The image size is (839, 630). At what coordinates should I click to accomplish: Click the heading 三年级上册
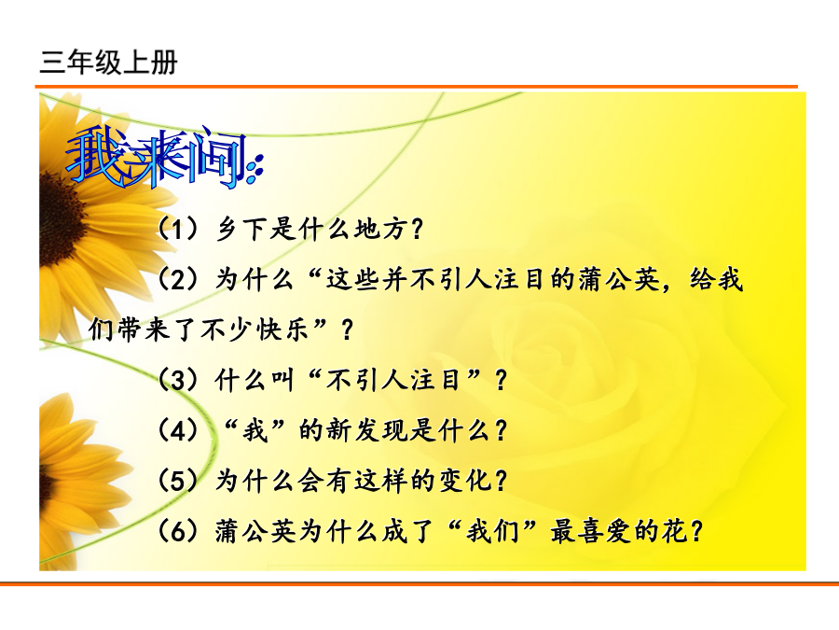pos(109,63)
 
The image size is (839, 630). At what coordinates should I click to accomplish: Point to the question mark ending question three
pos(502,381)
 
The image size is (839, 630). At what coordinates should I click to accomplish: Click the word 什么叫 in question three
pos(254,381)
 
